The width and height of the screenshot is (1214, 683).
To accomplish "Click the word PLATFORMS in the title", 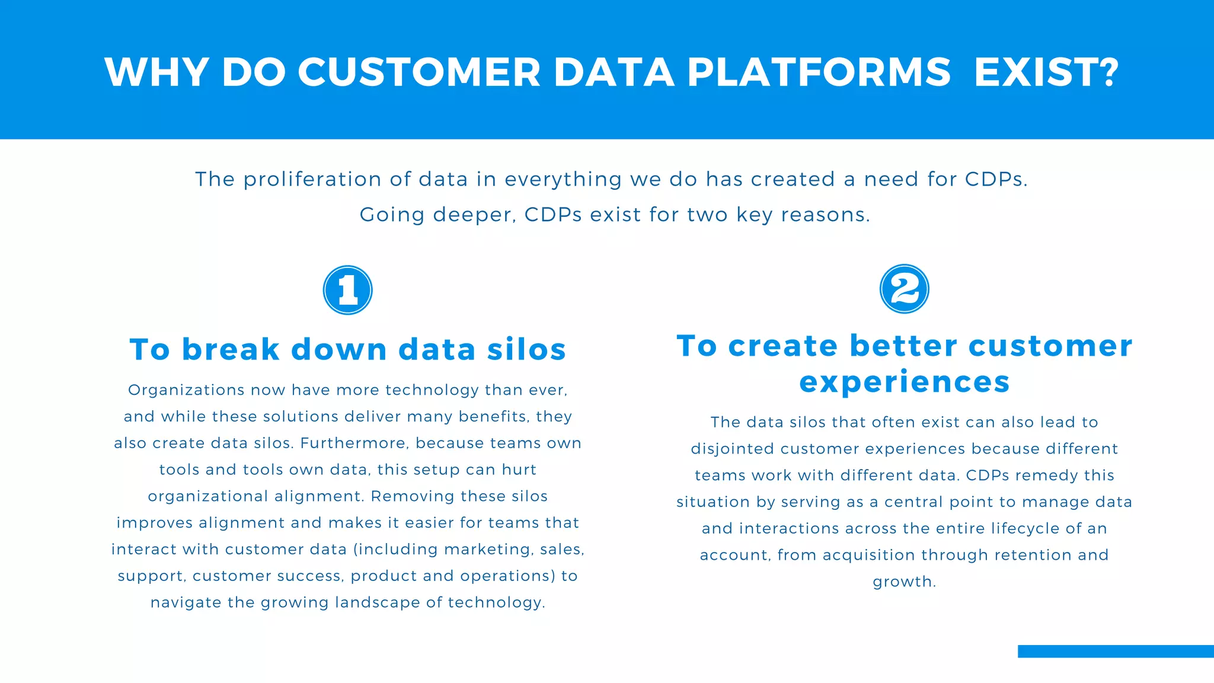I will [x=819, y=72].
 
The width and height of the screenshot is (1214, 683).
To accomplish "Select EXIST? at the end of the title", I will [x=1046, y=72].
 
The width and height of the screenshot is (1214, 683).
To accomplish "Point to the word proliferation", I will [x=312, y=179].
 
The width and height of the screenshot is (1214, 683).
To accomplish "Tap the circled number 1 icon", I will [x=348, y=290].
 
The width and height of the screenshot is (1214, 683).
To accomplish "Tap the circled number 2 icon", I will [x=904, y=289].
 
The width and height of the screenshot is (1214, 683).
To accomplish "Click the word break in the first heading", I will [x=231, y=349].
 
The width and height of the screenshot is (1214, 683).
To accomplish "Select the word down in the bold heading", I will [x=339, y=349].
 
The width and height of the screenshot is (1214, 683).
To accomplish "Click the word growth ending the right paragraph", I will [x=902, y=582].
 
